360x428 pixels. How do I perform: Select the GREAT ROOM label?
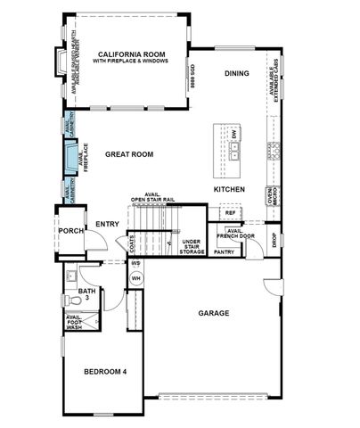tap(129, 154)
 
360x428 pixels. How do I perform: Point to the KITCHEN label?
tap(229, 190)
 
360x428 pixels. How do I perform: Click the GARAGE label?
tap(214, 313)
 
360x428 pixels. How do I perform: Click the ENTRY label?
tap(107, 224)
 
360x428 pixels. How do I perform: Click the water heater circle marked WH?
tap(136, 278)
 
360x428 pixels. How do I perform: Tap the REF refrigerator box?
tap(230, 213)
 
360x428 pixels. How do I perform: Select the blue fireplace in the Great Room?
tap(69, 158)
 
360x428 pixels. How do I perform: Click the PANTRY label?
tap(224, 252)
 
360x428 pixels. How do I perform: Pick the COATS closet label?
tap(132, 242)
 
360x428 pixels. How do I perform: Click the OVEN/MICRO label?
tap(272, 196)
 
